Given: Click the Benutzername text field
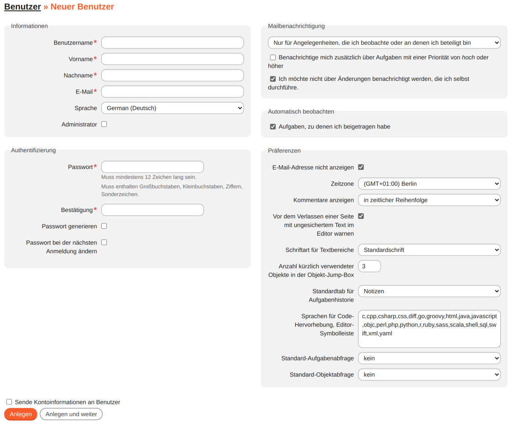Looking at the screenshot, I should coord(172,42).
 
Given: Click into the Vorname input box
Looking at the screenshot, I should coord(172,59).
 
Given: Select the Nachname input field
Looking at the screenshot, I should coord(172,75).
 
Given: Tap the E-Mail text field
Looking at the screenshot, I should coord(172,92).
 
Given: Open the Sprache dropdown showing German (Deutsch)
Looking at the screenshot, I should coord(172,108).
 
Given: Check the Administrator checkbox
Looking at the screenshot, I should coord(104,124).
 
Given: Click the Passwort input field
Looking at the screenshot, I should coord(152,167).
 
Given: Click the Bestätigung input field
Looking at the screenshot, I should coord(152,210).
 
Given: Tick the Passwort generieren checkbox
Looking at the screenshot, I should coord(104,226).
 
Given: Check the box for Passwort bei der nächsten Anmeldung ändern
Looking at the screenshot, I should coord(104,243).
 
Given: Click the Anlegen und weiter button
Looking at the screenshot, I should coord(71,414).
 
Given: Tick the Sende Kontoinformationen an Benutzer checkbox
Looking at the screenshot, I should coord(9,402).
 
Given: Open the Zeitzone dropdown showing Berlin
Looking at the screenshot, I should coord(429,184).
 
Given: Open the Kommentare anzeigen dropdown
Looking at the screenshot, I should coord(429,200).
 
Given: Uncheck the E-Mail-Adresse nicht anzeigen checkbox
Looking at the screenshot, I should coord(361,167).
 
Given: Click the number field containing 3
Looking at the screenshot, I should coord(369,266).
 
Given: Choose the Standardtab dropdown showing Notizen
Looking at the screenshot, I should coord(429,291).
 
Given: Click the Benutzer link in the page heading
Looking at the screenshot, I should coord(22,7).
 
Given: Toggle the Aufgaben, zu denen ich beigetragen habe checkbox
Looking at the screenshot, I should coord(273,127).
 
